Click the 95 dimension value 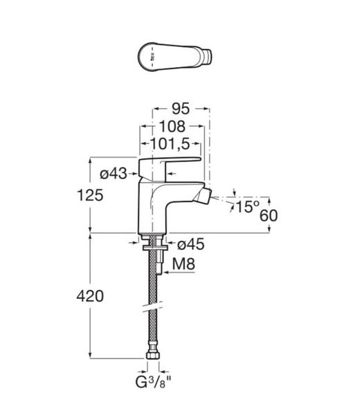pos(181,109)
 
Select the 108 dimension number pos(172,127)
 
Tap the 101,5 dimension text pos(170,144)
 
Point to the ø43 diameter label pos(114,174)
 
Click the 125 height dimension pos(90,195)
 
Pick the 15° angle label pos(247,207)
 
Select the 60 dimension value pos(269,215)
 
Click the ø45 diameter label pos(191,244)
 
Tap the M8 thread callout pos(183,264)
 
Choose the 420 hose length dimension pos(90,296)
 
